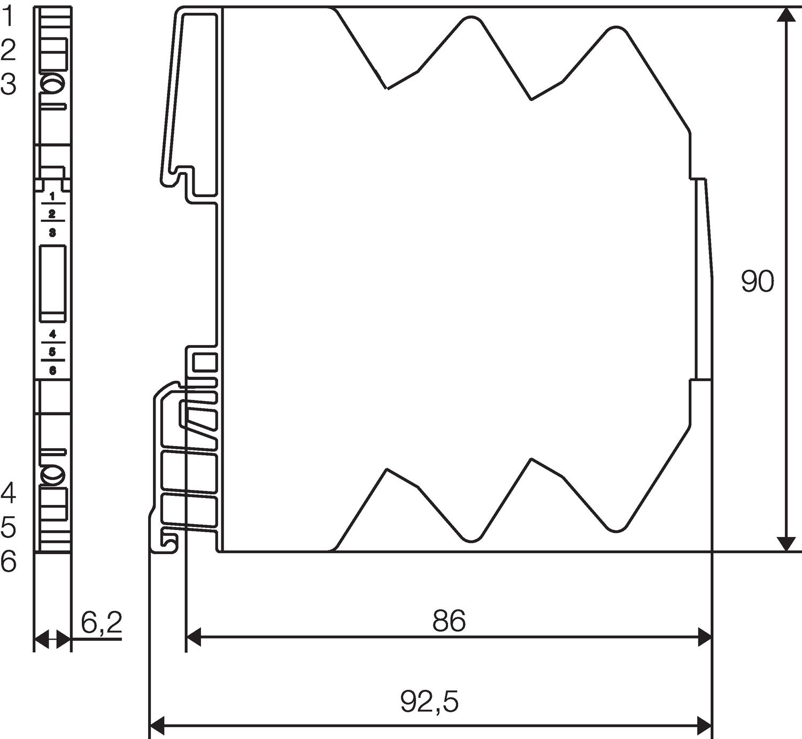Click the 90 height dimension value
[x=757, y=282]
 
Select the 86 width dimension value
[x=449, y=621]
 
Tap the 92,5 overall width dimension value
[x=429, y=702]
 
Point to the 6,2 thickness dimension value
[x=102, y=623]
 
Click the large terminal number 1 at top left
[x=8, y=17]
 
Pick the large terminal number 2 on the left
[x=8, y=51]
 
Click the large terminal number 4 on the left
[x=8, y=493]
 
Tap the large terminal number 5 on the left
[x=8, y=527]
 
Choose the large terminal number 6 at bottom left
[x=8, y=562]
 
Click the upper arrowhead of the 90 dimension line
[x=785, y=15]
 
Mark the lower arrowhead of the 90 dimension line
[x=785, y=543]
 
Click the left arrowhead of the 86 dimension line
[x=193, y=637]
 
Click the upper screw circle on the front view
[x=52, y=83]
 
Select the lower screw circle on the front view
[x=52, y=474]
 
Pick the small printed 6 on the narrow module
[x=52, y=370]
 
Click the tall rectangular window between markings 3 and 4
[x=53, y=284]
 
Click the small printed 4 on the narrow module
[x=52, y=335]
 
